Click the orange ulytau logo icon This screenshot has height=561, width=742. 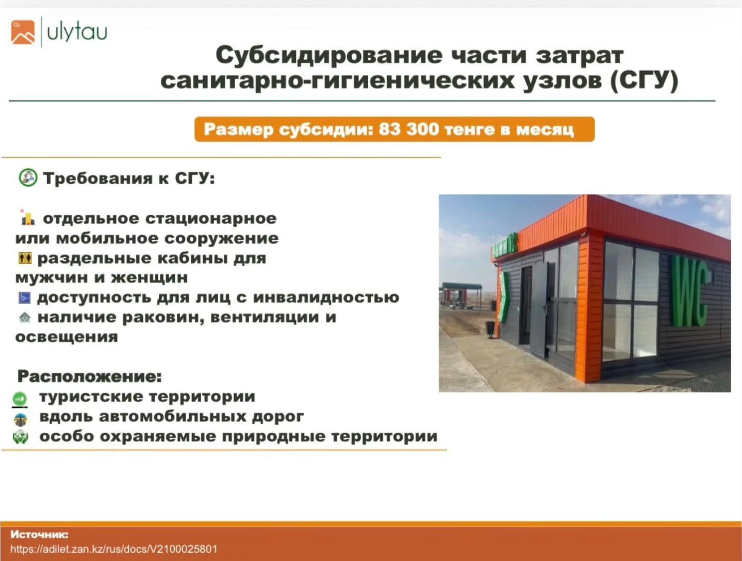tap(23, 32)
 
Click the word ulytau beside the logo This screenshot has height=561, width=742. tap(77, 32)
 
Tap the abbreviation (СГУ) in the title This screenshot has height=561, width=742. tap(645, 81)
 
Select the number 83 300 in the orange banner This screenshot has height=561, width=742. tap(409, 129)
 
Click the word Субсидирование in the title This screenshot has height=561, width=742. tap(329, 55)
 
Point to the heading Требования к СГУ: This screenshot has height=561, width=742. tap(129, 178)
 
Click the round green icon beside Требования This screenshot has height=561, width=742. tap(28, 178)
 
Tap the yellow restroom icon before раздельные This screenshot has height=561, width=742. tap(25, 259)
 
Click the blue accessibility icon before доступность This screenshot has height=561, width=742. tap(24, 298)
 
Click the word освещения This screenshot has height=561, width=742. tap(67, 337)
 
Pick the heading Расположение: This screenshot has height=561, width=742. tap(90, 376)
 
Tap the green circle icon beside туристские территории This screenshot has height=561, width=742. tap(20, 399)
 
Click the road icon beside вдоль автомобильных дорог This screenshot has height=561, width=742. tap(21, 419)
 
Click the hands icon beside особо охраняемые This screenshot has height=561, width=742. tap(20, 437)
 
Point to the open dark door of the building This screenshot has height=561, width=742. tap(539, 309)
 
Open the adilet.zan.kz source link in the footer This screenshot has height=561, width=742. tap(114, 549)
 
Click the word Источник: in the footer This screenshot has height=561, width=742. tap(40, 534)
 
